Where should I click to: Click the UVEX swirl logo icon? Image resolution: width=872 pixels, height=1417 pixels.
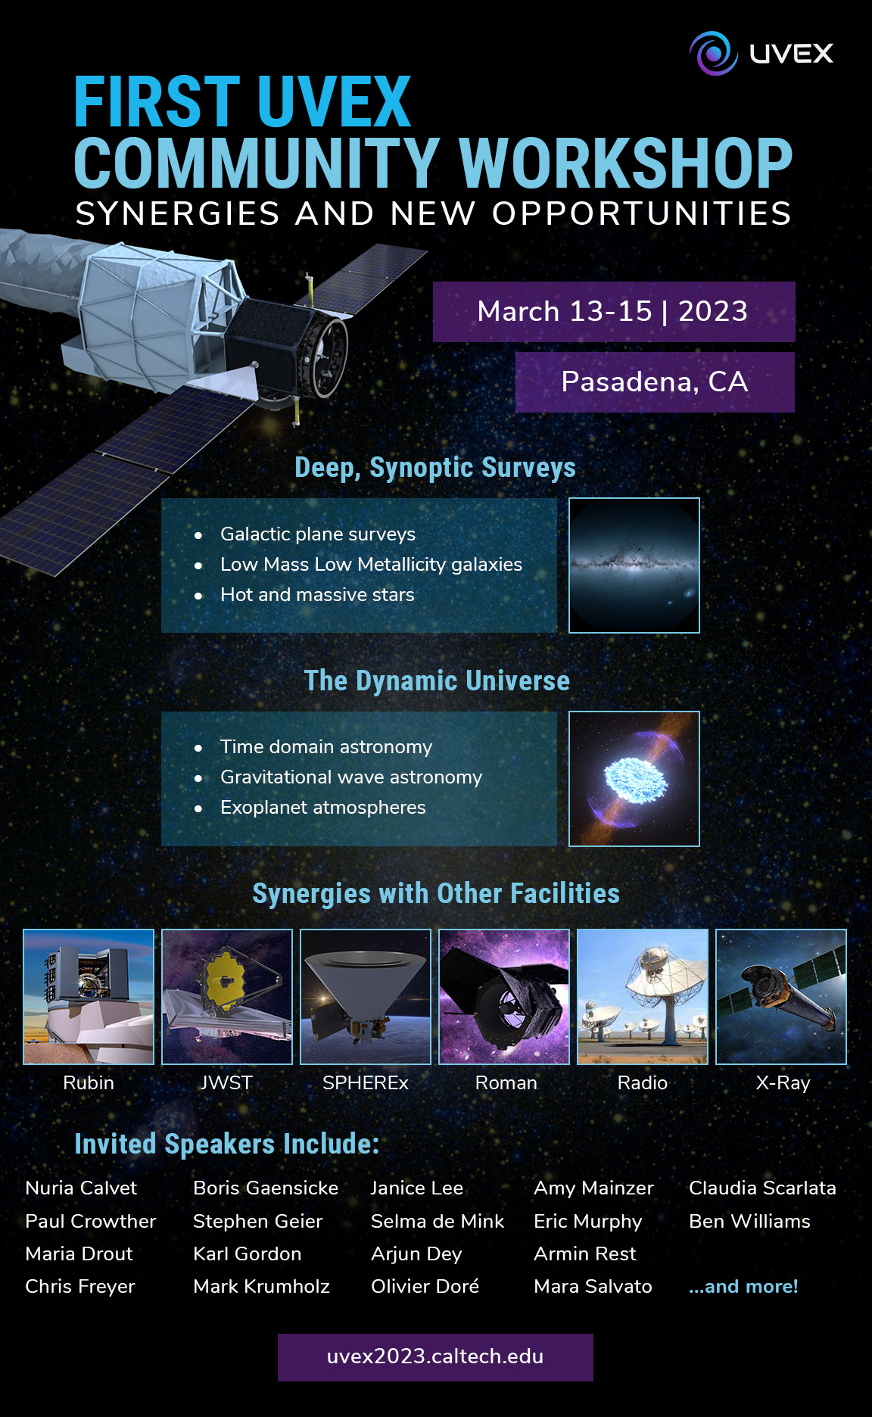(x=713, y=53)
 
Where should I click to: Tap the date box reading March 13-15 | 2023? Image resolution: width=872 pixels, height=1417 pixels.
(x=614, y=312)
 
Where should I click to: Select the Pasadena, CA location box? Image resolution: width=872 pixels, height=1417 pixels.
(x=655, y=382)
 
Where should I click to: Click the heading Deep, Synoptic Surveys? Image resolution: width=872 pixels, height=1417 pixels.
(x=435, y=468)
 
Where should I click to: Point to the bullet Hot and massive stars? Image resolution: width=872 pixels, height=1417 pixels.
(x=317, y=595)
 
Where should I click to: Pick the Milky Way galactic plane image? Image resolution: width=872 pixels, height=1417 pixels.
(x=634, y=565)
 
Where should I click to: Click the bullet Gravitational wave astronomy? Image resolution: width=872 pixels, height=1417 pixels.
(x=351, y=777)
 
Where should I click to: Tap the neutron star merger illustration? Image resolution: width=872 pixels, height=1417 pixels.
(x=634, y=779)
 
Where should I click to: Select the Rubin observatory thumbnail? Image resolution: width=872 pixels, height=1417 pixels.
(x=89, y=997)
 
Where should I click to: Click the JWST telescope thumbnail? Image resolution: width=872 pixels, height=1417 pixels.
(x=227, y=997)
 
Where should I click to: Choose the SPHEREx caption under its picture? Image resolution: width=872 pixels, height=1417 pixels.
(x=366, y=1083)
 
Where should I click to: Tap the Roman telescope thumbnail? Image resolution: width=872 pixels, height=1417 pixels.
(x=504, y=997)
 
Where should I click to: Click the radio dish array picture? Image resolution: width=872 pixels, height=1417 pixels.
(x=643, y=997)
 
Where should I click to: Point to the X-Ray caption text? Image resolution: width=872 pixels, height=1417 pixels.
(x=783, y=1083)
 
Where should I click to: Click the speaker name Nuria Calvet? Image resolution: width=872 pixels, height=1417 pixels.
(x=81, y=1188)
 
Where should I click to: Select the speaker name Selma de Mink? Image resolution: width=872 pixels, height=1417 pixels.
(x=438, y=1222)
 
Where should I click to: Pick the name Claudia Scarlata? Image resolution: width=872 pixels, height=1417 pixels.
(x=762, y=1188)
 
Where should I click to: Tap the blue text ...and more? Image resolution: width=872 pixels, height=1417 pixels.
(x=743, y=1287)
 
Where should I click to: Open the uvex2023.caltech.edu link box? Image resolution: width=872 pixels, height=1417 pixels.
(x=435, y=1357)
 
